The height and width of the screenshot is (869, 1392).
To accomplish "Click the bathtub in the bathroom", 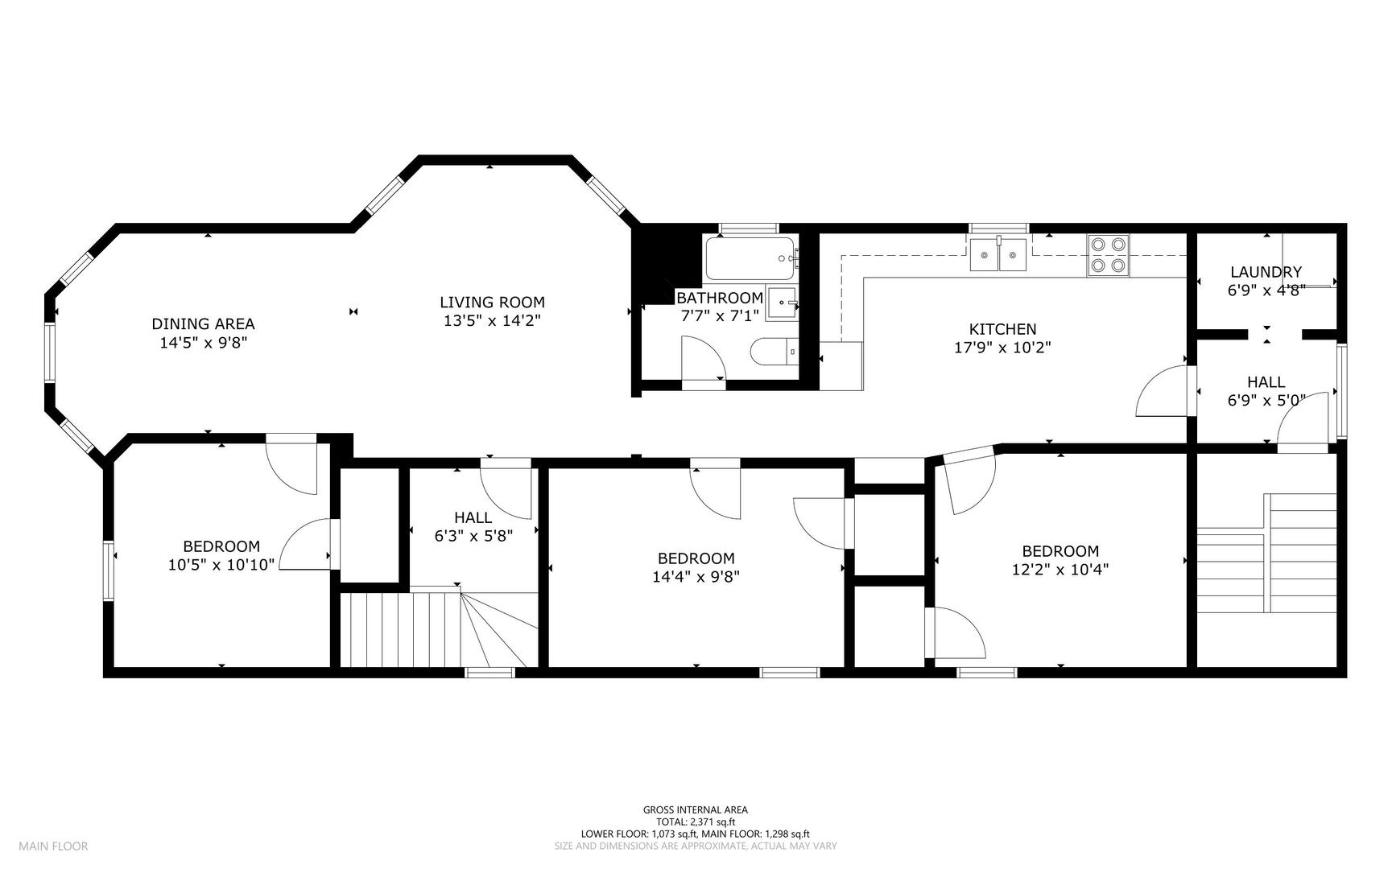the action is [750, 257].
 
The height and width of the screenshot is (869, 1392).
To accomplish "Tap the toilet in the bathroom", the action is [774, 352].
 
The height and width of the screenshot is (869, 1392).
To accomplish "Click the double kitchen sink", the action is [998, 254].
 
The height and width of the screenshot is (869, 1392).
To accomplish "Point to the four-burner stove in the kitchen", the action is [1109, 255].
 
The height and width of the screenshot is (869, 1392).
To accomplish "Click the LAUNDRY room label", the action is [1266, 272].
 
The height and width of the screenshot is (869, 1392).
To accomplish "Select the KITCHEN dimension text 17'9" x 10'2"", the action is [1002, 348].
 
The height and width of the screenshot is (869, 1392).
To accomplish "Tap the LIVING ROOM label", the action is [492, 303].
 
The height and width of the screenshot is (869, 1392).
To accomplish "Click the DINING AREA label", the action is [203, 323].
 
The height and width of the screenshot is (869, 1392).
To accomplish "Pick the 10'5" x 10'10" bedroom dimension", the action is [221, 565].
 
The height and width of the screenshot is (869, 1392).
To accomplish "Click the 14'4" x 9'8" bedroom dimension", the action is [696, 576].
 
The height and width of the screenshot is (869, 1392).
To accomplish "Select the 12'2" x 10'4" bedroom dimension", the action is [1060, 570].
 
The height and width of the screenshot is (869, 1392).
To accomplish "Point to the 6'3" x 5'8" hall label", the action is [473, 535].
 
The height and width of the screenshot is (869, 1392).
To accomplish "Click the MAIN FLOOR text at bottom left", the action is [53, 846].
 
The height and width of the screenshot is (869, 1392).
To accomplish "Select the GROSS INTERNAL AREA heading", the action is [696, 810].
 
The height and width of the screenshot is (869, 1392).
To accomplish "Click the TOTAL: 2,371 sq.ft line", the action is [696, 822].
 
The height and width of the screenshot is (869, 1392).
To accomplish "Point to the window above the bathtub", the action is [749, 229].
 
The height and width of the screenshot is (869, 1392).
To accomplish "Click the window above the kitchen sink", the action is [999, 229].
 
